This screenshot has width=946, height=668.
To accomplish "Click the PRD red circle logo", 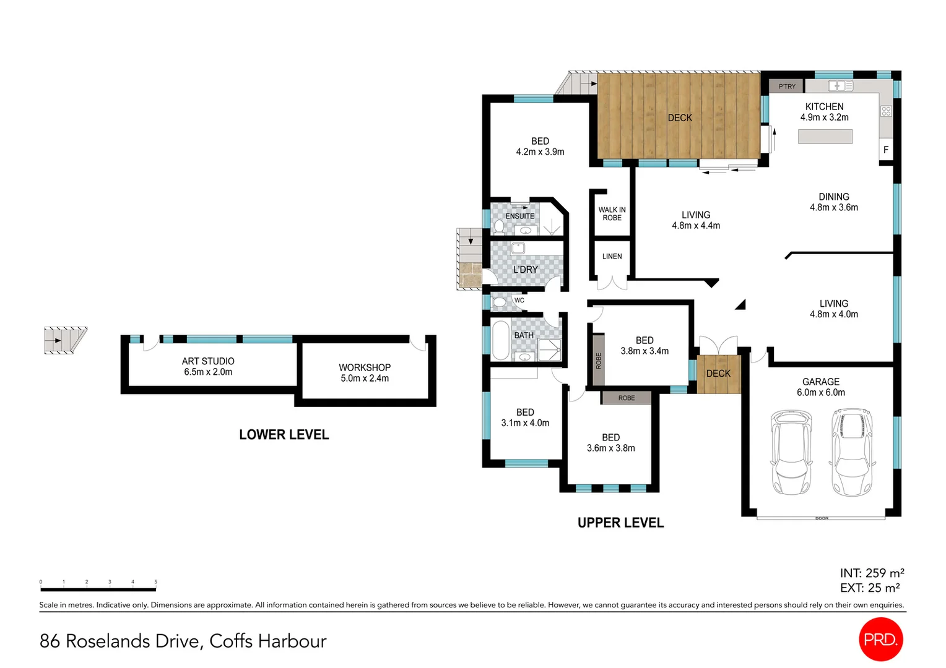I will (880, 639).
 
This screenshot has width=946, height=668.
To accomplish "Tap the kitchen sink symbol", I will (840, 86).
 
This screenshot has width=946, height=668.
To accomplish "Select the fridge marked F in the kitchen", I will (885, 150).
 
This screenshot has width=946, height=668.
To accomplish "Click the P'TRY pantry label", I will (787, 87).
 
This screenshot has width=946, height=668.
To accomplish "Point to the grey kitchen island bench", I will (825, 137).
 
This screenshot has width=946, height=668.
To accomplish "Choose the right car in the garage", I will (853, 452).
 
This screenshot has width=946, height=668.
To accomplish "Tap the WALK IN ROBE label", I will (612, 214).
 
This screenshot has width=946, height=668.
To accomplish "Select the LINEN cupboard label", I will (612, 256).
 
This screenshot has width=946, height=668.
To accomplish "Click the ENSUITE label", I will (519, 216).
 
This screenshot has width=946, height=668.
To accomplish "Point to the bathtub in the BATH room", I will (500, 340).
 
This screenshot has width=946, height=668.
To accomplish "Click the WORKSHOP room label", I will (365, 367).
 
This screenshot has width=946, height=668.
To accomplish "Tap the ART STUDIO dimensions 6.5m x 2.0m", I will (208, 372).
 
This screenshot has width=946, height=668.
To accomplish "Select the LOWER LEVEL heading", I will (284, 435).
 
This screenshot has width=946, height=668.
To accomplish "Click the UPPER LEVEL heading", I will (620, 523).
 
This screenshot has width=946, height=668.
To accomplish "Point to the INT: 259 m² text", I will (872, 573).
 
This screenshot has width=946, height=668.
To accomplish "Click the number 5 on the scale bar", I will (155, 582).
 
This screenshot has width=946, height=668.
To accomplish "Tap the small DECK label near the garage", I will (718, 374).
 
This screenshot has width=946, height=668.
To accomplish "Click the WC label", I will (519, 301).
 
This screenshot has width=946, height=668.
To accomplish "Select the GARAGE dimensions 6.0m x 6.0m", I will (820, 392).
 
